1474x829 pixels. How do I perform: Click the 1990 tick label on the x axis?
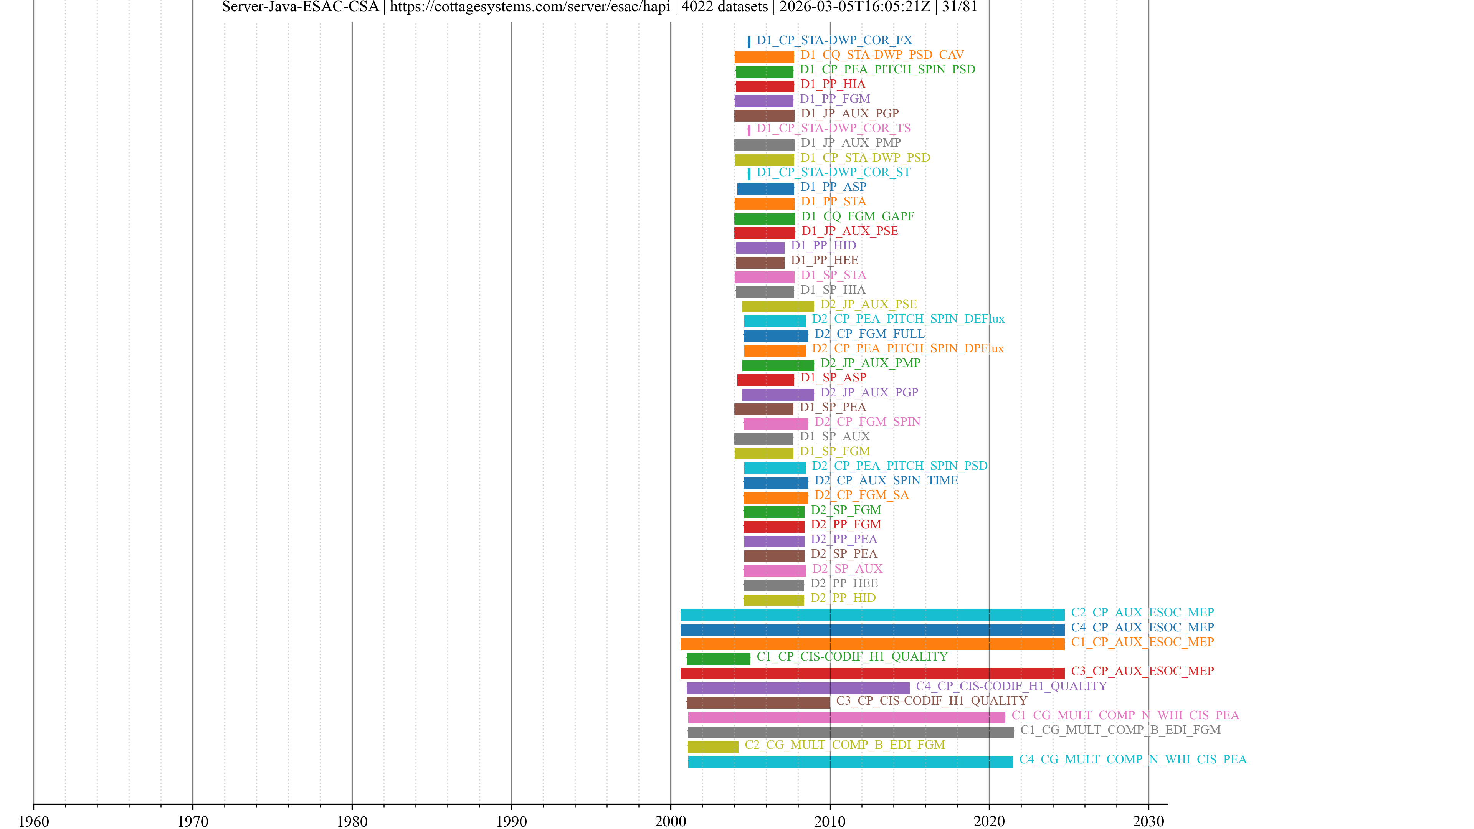tap(511, 821)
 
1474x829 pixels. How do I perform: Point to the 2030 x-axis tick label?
tap(1147, 821)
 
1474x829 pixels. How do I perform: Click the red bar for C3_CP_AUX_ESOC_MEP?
tap(872, 674)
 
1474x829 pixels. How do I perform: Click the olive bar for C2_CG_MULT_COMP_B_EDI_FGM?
tap(712, 746)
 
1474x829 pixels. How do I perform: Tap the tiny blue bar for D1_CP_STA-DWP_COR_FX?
tap(749, 42)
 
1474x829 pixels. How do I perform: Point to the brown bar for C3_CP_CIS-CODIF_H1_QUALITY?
tap(758, 703)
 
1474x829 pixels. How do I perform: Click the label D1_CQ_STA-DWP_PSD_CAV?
tap(882, 55)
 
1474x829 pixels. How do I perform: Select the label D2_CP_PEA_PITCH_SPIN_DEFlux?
tap(908, 319)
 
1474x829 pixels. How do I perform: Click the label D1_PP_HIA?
tap(833, 84)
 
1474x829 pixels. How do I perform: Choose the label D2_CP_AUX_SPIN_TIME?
tap(886, 481)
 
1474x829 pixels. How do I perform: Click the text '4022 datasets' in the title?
tap(724, 7)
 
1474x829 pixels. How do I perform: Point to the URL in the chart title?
tap(529, 7)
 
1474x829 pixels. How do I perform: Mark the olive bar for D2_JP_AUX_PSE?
tap(778, 307)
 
